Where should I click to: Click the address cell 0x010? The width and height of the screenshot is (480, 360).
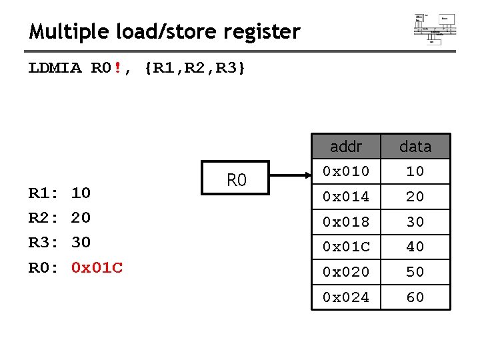click(x=345, y=171)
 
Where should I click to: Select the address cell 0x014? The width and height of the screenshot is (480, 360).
click(x=345, y=197)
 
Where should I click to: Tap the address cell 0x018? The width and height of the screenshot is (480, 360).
click(x=345, y=222)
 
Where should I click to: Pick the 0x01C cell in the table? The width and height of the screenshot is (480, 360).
click(x=345, y=247)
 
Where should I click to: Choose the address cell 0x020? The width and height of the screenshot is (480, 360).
click(x=345, y=272)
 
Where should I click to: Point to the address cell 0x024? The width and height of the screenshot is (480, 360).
click(x=345, y=297)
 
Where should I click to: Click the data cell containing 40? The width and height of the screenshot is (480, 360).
click(x=415, y=247)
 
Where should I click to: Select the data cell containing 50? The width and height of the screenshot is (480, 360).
click(x=415, y=272)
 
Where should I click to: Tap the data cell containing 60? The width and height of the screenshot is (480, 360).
click(x=415, y=297)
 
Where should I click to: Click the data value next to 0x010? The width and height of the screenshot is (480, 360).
click(x=415, y=171)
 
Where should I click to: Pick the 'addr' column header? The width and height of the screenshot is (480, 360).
click(x=345, y=146)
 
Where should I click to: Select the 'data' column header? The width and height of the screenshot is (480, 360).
click(x=415, y=146)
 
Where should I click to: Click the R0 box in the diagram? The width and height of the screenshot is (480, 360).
click(x=236, y=179)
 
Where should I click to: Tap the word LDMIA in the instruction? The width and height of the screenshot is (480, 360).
click(x=55, y=68)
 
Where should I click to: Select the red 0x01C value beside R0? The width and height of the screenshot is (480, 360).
click(x=97, y=268)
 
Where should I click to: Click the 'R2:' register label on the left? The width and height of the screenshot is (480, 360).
click(x=41, y=217)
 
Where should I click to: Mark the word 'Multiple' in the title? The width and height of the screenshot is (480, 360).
click(x=63, y=31)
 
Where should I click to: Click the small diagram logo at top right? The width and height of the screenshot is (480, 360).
click(x=435, y=27)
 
